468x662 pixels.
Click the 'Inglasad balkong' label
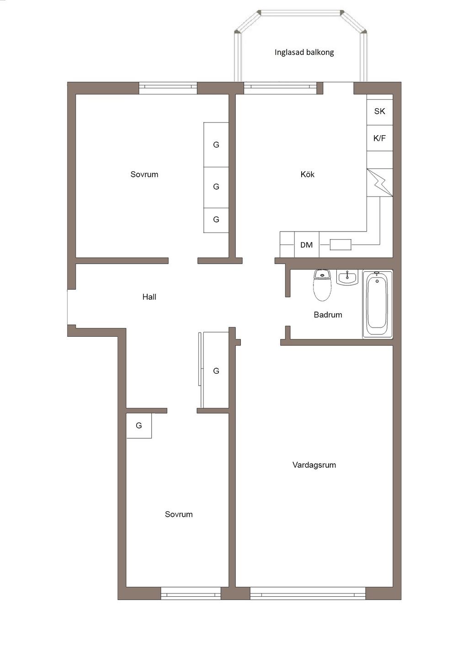304,52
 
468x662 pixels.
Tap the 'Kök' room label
307,174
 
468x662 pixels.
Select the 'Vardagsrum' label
314,465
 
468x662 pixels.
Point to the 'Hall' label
149,297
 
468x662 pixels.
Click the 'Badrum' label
328,314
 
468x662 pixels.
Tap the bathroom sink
347,277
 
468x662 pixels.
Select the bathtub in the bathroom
378,304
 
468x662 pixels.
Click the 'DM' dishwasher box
306,245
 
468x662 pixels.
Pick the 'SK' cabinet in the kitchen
379,111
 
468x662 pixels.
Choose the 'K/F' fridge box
379,138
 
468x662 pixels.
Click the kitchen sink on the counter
340,245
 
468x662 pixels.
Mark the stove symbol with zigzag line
379,183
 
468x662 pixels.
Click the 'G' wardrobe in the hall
216,371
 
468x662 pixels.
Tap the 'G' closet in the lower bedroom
138,425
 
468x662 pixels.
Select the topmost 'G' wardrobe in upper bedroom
216,144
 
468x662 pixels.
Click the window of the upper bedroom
168,88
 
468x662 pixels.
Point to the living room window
308,593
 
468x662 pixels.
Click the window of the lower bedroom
191,593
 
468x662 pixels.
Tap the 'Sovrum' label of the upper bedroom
144,174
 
